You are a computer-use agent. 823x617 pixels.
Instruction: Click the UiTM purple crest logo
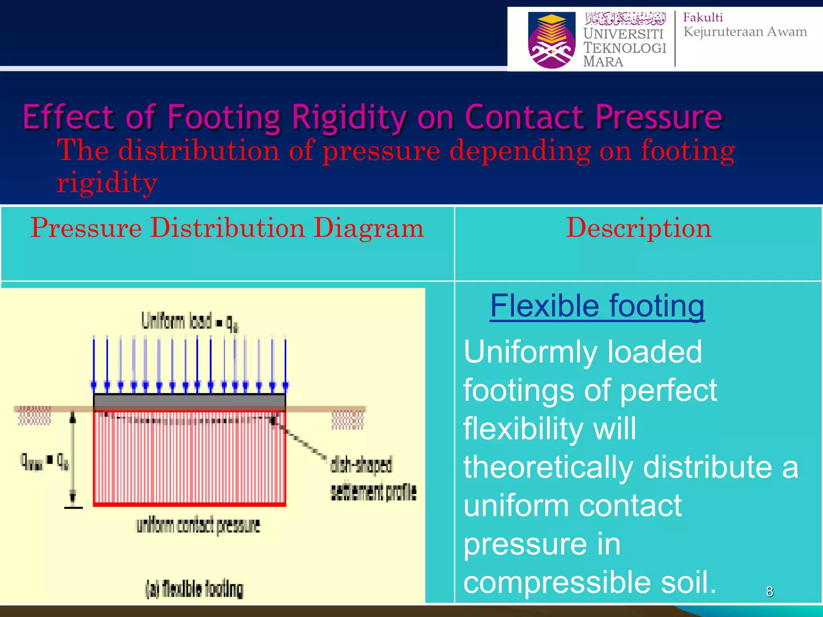click(x=551, y=40)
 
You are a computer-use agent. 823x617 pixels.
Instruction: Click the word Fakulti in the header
click(x=702, y=18)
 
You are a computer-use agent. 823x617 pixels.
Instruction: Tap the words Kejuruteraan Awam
click(x=745, y=32)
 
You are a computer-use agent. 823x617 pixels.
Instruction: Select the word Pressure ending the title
click(x=659, y=117)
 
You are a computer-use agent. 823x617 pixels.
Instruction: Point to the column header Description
click(x=638, y=228)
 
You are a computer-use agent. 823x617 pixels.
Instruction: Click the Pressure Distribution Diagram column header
click(x=227, y=228)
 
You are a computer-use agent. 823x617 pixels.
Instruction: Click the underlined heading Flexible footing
click(x=597, y=306)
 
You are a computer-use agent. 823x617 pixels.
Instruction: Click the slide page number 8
click(x=769, y=591)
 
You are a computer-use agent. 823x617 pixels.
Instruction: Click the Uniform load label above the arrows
click(x=189, y=322)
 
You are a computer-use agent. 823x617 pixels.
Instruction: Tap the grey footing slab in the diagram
click(x=189, y=401)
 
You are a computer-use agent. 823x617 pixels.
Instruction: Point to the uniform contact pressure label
click(x=198, y=525)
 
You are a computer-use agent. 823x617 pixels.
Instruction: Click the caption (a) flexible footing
click(x=194, y=589)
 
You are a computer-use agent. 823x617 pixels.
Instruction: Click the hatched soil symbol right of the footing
click(x=347, y=420)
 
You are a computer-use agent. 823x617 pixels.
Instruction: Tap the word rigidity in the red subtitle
click(x=106, y=183)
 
